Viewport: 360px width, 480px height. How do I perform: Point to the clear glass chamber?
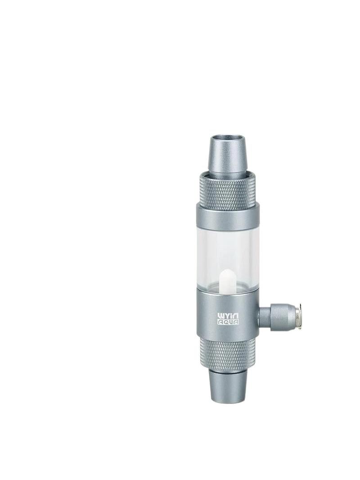click(228, 256)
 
